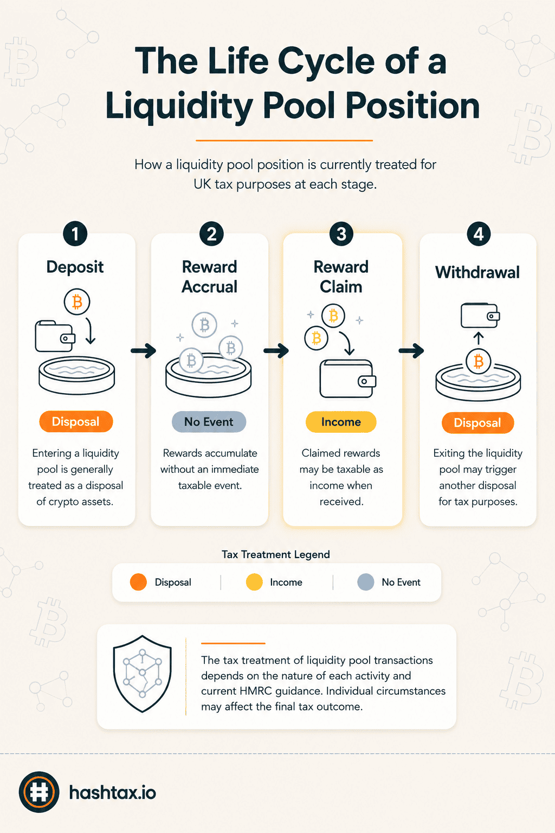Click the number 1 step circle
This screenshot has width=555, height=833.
[x=75, y=234]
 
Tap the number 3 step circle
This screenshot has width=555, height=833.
[x=341, y=234]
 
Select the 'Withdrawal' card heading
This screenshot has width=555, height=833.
[x=477, y=273]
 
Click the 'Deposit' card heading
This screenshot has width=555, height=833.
[x=75, y=267]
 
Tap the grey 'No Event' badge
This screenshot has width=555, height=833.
[x=209, y=422]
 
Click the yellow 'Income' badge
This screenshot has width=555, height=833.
[x=341, y=422]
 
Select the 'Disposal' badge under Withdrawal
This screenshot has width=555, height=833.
[x=477, y=423]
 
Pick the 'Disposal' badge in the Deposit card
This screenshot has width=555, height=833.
[x=76, y=421]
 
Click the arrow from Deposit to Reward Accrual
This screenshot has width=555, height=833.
[x=144, y=350]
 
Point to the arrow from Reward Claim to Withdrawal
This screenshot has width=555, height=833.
[x=411, y=350]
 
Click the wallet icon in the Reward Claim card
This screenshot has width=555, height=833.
[x=348, y=379]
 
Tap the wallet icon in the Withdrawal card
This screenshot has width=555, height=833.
[x=480, y=315]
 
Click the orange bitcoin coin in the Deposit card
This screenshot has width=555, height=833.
[x=77, y=302]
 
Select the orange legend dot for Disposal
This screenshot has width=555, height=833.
[x=138, y=582]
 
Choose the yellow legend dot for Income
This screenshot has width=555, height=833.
[x=254, y=582]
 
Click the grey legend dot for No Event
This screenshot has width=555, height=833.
[x=366, y=582]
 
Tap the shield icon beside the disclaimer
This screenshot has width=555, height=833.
[x=143, y=674]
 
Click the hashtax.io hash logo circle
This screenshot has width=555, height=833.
[x=39, y=792]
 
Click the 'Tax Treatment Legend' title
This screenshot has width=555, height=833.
[x=276, y=554]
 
